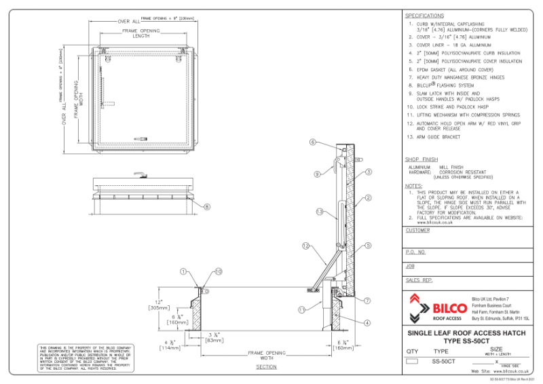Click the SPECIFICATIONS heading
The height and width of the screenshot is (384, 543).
[424, 16]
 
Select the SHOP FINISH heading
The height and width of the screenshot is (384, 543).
[421, 159]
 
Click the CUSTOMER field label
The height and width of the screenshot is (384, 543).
[417, 230]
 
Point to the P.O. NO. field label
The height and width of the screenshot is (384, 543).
[415, 251]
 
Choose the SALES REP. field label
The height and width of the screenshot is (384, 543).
[419, 280]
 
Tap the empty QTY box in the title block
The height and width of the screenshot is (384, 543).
[412, 362]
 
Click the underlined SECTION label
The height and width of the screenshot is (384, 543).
[266, 367]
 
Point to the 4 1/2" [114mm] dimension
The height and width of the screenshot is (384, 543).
[170, 345]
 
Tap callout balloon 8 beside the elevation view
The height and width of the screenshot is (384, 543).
[208, 207]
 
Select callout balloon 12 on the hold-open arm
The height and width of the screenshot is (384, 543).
[305, 245]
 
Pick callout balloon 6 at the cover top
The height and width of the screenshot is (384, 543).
[313, 142]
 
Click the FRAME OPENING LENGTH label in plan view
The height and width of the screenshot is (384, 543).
[141, 34]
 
